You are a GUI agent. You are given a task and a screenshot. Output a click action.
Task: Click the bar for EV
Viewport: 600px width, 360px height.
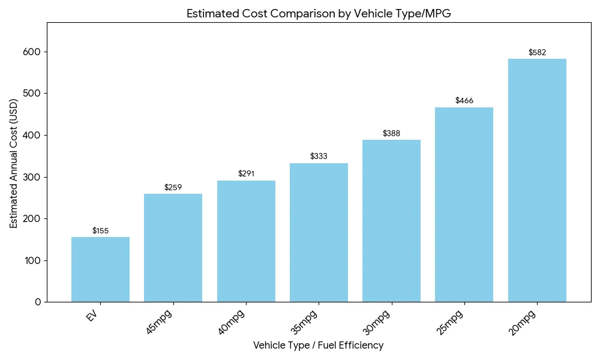click(100, 269)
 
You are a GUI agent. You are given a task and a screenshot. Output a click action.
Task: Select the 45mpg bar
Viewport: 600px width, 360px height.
click(173, 248)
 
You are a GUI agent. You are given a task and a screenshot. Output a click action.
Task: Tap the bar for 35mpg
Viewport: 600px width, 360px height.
click(319, 232)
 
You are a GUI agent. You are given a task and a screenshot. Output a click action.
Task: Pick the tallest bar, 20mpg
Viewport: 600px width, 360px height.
click(537, 180)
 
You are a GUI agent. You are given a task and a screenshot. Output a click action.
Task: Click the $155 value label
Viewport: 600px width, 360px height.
click(100, 231)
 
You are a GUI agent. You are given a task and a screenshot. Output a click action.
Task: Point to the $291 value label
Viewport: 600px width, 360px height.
click(246, 174)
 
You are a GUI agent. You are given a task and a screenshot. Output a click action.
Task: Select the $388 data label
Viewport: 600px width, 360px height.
click(391, 133)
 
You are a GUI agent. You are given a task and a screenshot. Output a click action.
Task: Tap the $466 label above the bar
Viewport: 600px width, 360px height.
click(464, 101)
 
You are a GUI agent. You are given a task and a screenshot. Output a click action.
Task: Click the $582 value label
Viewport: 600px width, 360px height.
click(537, 52)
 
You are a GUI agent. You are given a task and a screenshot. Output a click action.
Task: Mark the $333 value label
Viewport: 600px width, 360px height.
click(319, 156)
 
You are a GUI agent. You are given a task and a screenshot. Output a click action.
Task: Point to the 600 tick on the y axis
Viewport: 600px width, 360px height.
click(33, 52)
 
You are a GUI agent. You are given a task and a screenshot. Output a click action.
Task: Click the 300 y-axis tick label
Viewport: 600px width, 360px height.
click(33, 177)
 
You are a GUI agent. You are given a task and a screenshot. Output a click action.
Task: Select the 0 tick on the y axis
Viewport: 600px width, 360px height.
click(38, 302)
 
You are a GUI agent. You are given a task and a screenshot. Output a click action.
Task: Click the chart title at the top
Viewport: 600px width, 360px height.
click(318, 14)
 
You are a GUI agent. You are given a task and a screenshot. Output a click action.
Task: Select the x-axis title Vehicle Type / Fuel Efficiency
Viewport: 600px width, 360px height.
click(318, 346)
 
